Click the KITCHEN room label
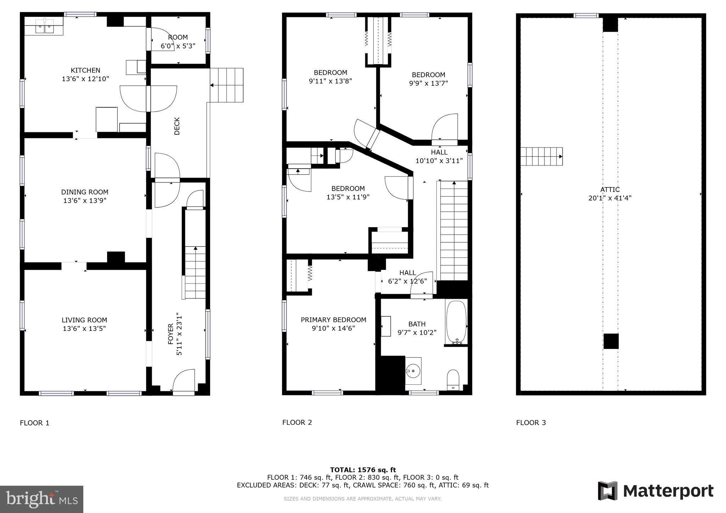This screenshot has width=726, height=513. [85, 71]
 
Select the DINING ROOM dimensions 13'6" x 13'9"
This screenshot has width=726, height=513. [85, 201]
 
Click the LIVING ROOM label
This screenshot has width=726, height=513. [84, 320]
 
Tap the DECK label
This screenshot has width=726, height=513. [177, 126]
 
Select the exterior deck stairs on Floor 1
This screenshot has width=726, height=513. [227, 85]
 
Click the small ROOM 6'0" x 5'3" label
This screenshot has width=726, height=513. [178, 38]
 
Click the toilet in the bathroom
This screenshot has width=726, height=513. [453, 379]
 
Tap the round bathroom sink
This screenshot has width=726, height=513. [413, 371]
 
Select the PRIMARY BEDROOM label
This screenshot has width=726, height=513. [333, 320]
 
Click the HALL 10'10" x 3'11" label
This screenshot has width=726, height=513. [439, 156]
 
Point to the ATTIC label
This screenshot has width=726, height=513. [610, 190]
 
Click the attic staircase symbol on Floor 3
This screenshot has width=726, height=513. [541, 156]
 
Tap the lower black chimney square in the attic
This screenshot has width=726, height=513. [611, 341]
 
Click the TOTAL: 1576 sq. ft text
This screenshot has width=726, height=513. [363, 470]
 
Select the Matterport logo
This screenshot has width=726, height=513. [655, 491]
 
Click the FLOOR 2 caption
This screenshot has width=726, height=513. [297, 422]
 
